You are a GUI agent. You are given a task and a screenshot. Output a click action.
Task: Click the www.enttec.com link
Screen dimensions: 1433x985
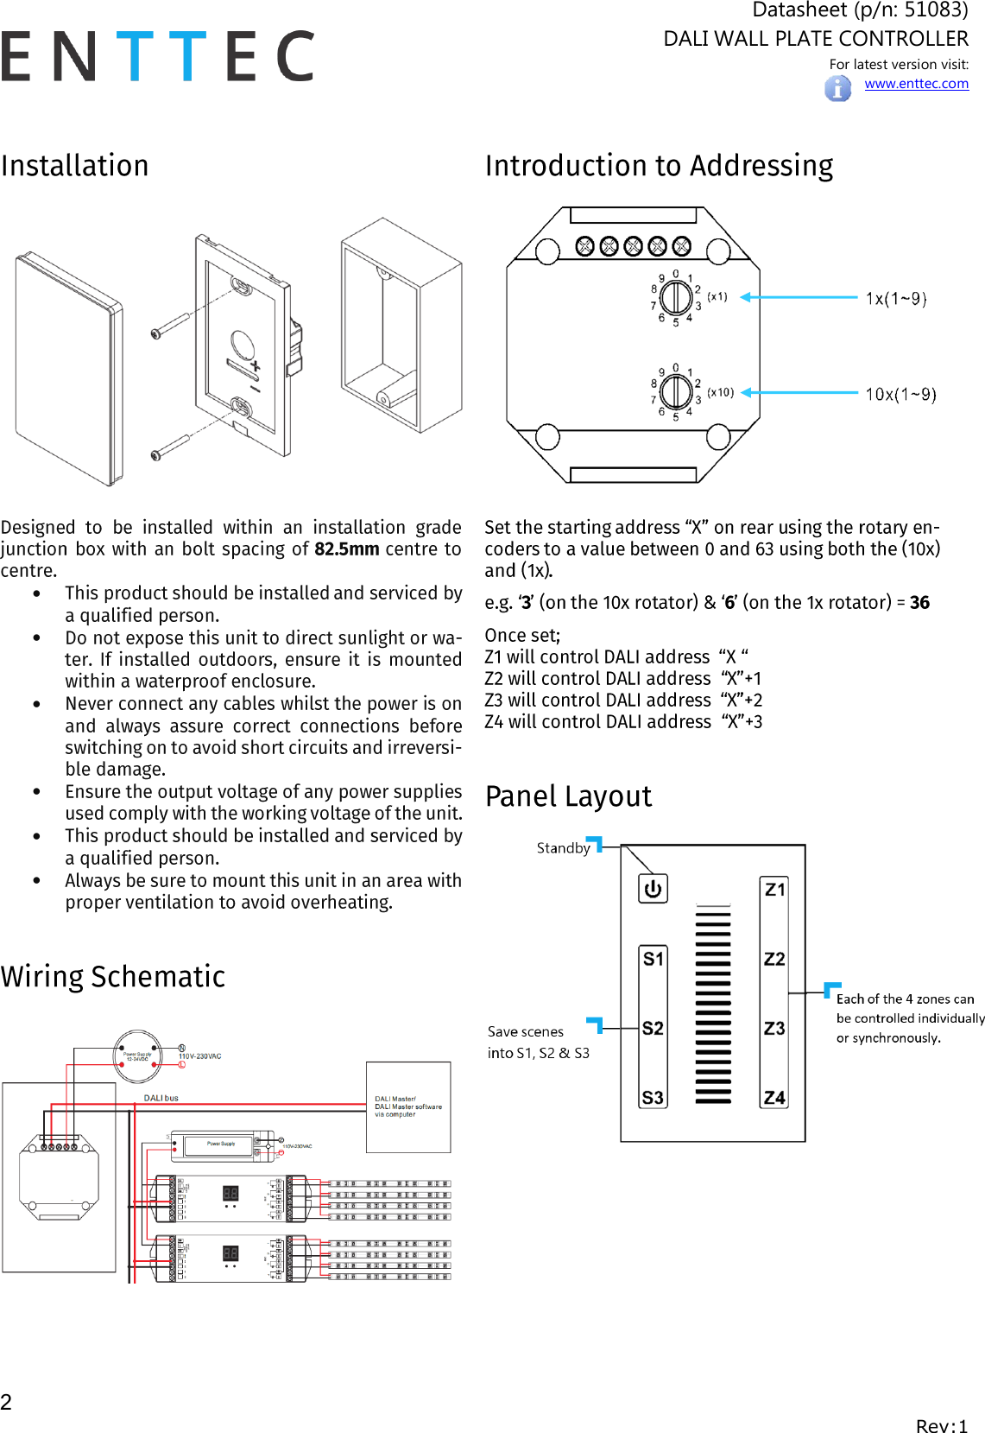click(x=916, y=84)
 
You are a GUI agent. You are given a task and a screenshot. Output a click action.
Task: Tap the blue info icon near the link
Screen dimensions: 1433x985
click(x=837, y=88)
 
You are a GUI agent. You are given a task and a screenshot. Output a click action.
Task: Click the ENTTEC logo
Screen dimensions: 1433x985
click(x=158, y=56)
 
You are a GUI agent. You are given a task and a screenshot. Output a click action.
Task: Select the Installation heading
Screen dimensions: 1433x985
click(x=75, y=166)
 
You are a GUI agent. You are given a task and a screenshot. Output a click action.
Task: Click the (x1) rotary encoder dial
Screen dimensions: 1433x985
click(x=675, y=298)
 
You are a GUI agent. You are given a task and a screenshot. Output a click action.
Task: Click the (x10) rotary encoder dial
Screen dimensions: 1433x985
click(x=675, y=392)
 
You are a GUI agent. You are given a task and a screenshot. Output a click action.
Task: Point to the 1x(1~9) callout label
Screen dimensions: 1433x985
click(x=896, y=299)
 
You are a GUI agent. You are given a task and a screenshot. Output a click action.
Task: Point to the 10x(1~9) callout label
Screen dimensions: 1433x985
click(x=900, y=395)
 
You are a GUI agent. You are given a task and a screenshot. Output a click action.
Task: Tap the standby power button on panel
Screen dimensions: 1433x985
click(x=653, y=889)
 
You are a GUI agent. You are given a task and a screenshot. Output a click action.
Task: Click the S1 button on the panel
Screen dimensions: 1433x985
click(x=653, y=959)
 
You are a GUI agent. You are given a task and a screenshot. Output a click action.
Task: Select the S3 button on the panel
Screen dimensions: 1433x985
click(x=653, y=1098)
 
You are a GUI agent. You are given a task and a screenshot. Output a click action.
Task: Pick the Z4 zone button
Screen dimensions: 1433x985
click(x=774, y=1098)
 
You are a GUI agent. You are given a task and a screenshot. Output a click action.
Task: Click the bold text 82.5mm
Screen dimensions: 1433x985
click(x=346, y=549)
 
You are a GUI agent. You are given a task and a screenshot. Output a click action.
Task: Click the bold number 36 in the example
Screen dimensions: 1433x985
click(x=919, y=603)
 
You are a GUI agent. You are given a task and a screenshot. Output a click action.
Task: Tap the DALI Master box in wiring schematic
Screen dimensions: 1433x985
click(x=408, y=1107)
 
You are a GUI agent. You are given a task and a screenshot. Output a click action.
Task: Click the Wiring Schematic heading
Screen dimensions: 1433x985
click(x=113, y=977)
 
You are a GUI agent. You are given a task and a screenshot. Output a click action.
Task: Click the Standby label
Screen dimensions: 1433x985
click(x=563, y=848)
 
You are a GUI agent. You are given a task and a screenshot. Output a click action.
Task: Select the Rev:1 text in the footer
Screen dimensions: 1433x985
click(x=941, y=1426)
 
